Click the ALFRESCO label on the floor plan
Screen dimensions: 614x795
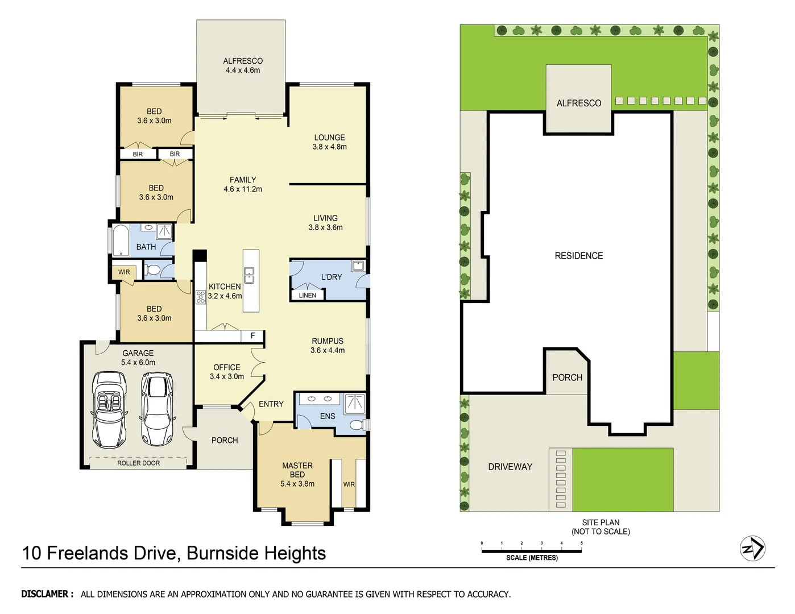tap(243, 61)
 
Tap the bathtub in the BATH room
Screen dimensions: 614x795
tap(121, 241)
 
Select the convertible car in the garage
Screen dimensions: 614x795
tap(109, 409)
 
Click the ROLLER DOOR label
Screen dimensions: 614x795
tap(138, 463)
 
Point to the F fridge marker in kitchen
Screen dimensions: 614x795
tap(253, 336)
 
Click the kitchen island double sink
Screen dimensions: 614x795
tap(250, 275)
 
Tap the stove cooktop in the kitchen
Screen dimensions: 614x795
tap(201, 297)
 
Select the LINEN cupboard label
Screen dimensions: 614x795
tap(307, 295)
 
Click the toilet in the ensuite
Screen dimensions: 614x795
tap(357, 425)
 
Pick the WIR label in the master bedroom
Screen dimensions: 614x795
tap(349, 484)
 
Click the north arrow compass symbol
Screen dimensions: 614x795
tap(752, 549)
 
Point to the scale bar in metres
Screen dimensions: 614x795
tap(531, 550)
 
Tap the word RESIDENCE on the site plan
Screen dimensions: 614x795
tap(578, 256)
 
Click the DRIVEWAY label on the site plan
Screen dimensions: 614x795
tap(510, 467)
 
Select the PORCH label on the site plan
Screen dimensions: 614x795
tap(567, 377)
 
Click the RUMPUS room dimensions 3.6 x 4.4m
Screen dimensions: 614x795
tap(328, 351)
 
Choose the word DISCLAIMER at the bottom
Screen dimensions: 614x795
tap(47, 594)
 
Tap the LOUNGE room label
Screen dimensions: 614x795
tap(329, 138)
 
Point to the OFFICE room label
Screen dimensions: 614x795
tap(226, 367)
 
